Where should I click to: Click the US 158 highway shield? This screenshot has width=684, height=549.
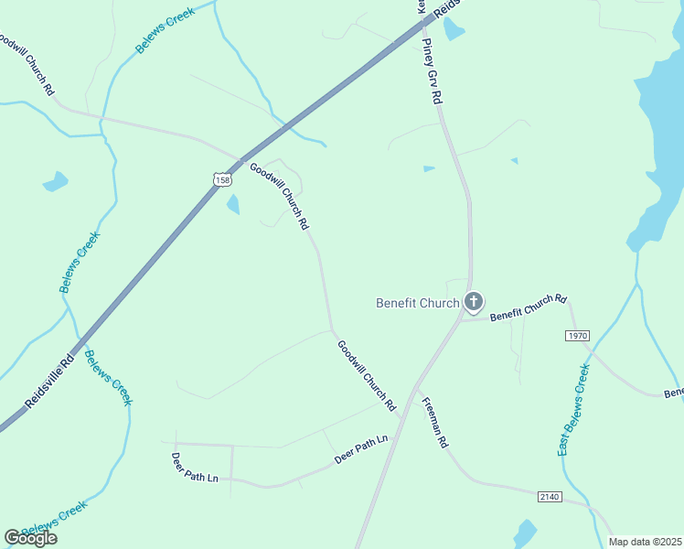pyautogui.click(x=222, y=180)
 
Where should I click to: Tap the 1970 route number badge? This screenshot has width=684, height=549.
pyautogui.click(x=577, y=336)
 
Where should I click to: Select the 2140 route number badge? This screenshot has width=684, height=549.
pyautogui.click(x=549, y=496)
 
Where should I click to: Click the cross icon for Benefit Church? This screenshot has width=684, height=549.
pyautogui.click(x=473, y=301)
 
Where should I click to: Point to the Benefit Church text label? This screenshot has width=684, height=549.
pyautogui.click(x=418, y=303)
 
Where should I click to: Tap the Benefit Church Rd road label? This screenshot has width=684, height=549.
pyautogui.click(x=529, y=307)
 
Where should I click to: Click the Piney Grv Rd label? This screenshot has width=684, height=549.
pyautogui.click(x=433, y=71)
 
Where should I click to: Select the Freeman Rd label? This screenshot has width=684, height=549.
pyautogui.click(x=434, y=423)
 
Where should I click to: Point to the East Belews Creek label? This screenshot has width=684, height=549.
pyautogui.click(x=573, y=410)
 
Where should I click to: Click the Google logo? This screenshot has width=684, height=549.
pyautogui.click(x=30, y=538)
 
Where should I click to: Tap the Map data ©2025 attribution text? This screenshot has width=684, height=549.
pyautogui.click(x=646, y=542)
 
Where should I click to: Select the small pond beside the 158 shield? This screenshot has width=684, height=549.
pyautogui.click(x=233, y=204)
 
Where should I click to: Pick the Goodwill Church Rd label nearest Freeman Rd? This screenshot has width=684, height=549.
pyautogui.click(x=366, y=375)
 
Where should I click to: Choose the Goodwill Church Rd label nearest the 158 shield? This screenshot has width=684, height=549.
pyautogui.click(x=279, y=196)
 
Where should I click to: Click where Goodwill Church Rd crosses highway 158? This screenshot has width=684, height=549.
pyautogui.click(x=244, y=162)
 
